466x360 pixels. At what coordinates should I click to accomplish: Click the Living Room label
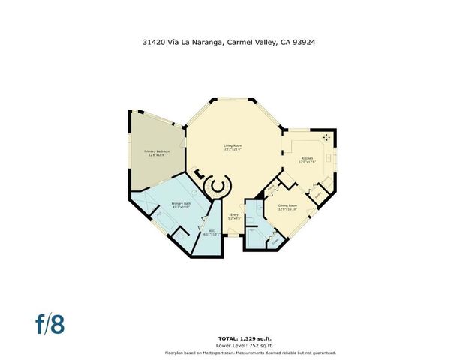[233, 145]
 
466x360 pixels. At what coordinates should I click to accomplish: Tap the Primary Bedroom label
[157, 151]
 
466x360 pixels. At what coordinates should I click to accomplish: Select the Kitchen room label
[308, 158]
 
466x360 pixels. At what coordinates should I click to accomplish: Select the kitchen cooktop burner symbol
[326, 137]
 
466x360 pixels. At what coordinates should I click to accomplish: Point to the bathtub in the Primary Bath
[166, 222]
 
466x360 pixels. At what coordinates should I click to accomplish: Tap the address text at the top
[233, 43]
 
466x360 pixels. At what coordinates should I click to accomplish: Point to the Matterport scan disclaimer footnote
[251, 352]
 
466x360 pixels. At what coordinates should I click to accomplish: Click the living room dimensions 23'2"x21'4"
[233, 148]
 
